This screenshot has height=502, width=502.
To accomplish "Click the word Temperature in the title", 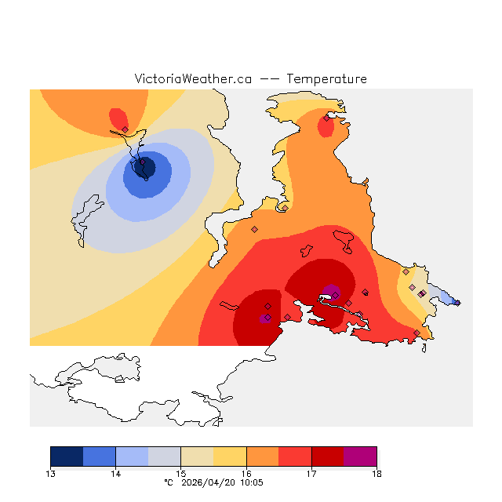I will point(326,79).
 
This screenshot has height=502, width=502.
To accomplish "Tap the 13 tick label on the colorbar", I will point(51,473).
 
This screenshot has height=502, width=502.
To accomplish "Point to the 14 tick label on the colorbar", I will point(115,473).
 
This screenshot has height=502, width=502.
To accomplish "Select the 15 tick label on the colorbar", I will point(180,473).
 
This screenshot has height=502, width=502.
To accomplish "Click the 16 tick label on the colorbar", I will point(246,473).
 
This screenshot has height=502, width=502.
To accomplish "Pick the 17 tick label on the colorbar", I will point(311,473).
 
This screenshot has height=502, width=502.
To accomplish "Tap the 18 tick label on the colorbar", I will point(376,473).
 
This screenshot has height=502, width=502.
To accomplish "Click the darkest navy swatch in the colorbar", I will point(67,457).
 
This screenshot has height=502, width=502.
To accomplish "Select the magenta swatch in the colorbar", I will point(360,457).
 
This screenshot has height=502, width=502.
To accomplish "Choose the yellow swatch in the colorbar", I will point(230,457).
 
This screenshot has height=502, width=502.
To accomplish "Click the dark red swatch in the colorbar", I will point(328,457).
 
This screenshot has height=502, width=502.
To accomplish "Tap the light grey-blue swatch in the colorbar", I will point(165,457).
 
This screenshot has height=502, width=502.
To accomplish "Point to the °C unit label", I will point(169,483).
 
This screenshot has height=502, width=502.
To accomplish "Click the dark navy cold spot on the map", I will point(144,166).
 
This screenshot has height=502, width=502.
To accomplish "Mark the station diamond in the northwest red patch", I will point(125,129).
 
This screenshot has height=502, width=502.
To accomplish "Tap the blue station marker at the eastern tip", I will point(457,303).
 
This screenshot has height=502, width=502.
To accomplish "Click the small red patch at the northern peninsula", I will point(328,125).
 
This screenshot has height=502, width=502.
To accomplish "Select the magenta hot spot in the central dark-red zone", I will point(333,293).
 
